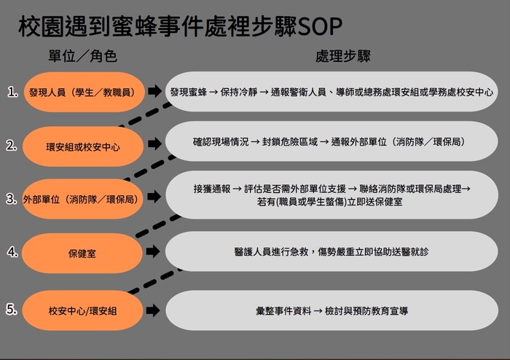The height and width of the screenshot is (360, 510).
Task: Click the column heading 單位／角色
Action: point(82,56)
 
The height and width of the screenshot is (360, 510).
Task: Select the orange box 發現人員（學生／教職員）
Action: point(82,92)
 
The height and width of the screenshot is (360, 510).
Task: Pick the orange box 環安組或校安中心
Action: point(82,146)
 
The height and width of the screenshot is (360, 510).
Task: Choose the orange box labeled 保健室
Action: point(82,253)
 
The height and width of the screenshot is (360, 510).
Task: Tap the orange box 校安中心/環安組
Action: point(82,310)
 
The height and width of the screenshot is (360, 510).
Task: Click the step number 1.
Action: point(12,92)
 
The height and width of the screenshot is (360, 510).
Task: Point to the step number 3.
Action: point(12,198)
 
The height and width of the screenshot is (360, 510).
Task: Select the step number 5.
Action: point(12,310)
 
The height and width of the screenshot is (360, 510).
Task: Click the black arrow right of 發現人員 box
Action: point(154,92)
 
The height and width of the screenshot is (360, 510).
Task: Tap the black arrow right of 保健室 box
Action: point(154,253)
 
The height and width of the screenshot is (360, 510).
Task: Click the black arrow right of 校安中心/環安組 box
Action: point(154,310)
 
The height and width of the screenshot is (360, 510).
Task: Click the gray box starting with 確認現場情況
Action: point(329,141)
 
